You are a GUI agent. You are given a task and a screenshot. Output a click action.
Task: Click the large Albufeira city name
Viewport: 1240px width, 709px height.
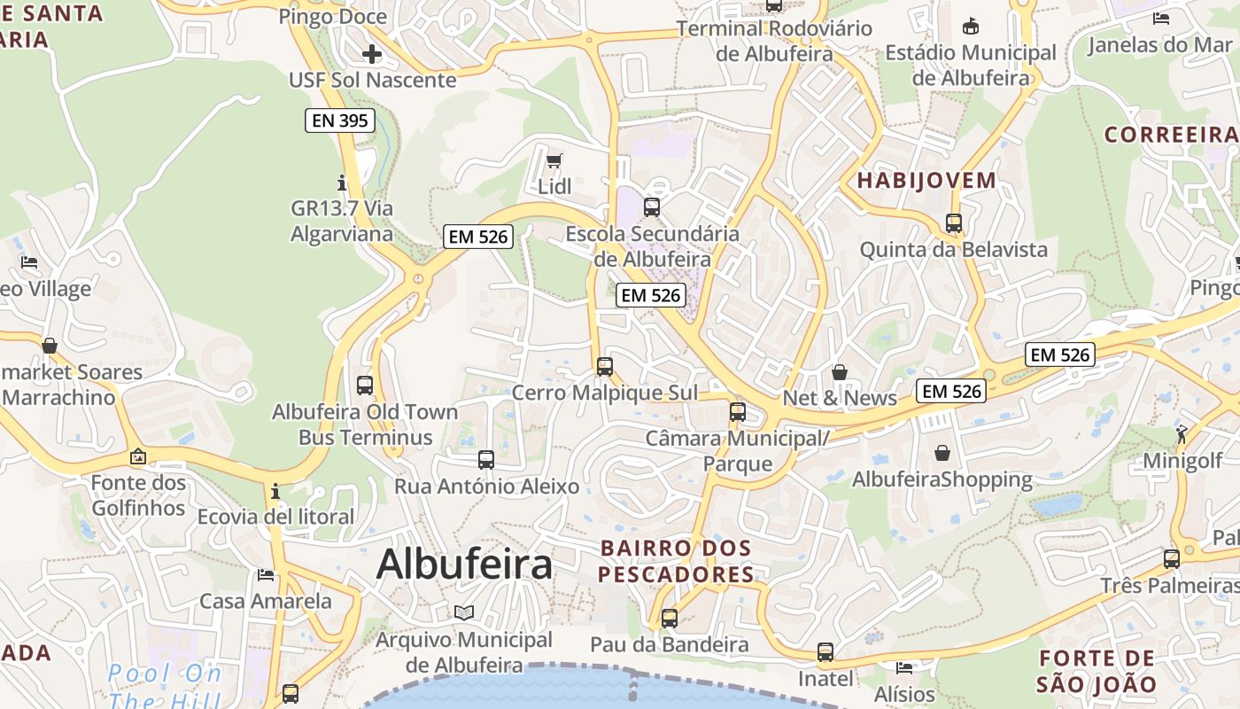click(x=465, y=565)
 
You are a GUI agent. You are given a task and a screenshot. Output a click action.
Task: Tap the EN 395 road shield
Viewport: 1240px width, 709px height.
click(x=340, y=121)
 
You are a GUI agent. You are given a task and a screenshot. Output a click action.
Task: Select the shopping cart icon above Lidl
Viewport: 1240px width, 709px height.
click(x=554, y=160)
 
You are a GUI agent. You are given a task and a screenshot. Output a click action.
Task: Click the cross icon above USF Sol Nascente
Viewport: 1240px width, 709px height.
click(x=372, y=54)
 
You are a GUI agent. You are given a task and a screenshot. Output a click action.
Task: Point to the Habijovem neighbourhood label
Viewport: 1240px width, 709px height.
click(x=926, y=181)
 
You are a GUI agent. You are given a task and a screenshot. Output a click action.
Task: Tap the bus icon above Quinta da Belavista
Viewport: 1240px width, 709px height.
click(x=954, y=223)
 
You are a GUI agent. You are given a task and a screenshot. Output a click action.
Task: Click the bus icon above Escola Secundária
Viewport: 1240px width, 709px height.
click(x=652, y=207)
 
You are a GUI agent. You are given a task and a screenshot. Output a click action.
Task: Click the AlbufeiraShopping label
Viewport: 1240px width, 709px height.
click(x=942, y=480)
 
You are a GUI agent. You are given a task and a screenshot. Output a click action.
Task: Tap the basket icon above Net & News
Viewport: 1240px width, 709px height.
click(x=840, y=372)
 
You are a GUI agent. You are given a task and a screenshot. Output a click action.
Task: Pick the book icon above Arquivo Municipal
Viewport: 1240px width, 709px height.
click(x=464, y=612)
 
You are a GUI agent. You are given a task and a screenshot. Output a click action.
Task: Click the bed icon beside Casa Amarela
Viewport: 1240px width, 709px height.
click(x=266, y=574)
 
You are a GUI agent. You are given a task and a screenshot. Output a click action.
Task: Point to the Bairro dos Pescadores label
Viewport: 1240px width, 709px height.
click(x=676, y=561)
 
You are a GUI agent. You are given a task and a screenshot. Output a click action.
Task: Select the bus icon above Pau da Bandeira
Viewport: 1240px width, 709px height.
click(x=670, y=618)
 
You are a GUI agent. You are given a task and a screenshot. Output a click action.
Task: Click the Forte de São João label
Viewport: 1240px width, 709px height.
click(x=1097, y=671)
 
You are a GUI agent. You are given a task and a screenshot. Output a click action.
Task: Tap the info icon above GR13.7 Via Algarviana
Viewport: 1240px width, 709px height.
click(x=342, y=183)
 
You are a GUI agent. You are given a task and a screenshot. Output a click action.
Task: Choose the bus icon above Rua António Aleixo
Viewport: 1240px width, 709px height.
click(x=486, y=459)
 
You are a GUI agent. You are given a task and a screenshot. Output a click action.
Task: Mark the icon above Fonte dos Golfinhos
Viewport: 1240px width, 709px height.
click(x=138, y=457)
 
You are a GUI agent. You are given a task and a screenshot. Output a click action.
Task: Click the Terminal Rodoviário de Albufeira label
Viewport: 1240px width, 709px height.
click(x=774, y=41)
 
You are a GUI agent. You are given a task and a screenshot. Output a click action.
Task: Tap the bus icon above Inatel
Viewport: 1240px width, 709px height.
click(x=825, y=652)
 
